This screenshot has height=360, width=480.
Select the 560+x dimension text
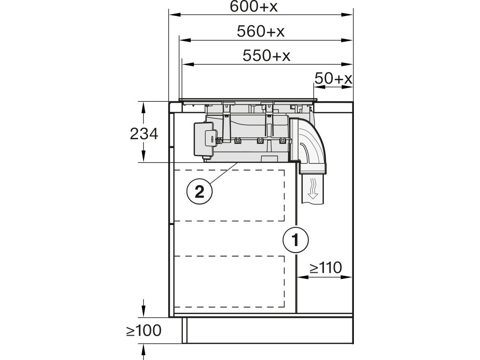click(x=261, y=31)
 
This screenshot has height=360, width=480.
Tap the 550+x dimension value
click(x=266, y=56)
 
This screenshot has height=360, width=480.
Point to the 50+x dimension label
click(x=333, y=79)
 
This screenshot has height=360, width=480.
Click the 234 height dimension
click(x=144, y=134)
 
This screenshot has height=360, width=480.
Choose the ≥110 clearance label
click(x=325, y=268)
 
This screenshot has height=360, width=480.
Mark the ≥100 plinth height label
click(x=143, y=330)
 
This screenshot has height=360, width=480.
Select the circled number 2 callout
click(x=199, y=191)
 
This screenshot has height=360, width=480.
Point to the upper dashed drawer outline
click(x=230, y=195)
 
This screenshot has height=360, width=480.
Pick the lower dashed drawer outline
click(x=230, y=281)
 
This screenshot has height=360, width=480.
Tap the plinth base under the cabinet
click(x=267, y=330)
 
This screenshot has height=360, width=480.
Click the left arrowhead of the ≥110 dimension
click(x=300, y=277)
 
